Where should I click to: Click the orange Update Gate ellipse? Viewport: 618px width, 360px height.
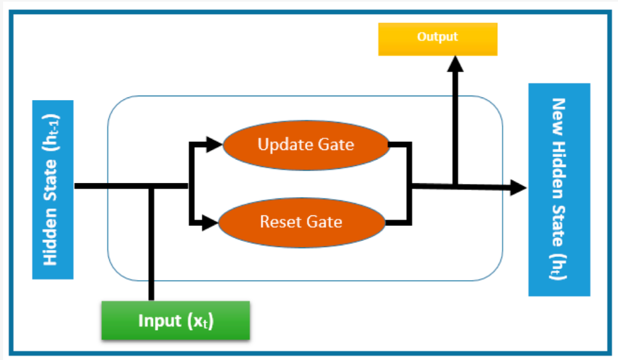(x=306, y=144)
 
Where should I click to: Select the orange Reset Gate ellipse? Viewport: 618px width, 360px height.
(x=302, y=222)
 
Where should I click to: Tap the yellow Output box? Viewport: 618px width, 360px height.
(x=437, y=39)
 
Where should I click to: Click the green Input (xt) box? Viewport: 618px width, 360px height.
(x=175, y=321)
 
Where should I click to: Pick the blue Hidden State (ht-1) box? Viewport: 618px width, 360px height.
(x=52, y=189)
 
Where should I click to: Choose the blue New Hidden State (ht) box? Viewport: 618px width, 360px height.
(x=559, y=190)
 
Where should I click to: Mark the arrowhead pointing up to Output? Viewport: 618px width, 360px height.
(x=456, y=63)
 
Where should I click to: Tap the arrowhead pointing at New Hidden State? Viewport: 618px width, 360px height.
(x=519, y=188)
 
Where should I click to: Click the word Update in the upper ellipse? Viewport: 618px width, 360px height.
(x=280, y=144)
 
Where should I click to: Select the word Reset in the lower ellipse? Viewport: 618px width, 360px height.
(x=279, y=222)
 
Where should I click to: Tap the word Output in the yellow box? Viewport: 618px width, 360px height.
(x=437, y=37)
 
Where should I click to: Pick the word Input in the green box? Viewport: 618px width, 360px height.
(x=160, y=321)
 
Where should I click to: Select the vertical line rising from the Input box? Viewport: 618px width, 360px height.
(x=151, y=250)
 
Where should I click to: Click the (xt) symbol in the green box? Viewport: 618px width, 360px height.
(x=200, y=321)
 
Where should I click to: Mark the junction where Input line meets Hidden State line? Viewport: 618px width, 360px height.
(x=151, y=187)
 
